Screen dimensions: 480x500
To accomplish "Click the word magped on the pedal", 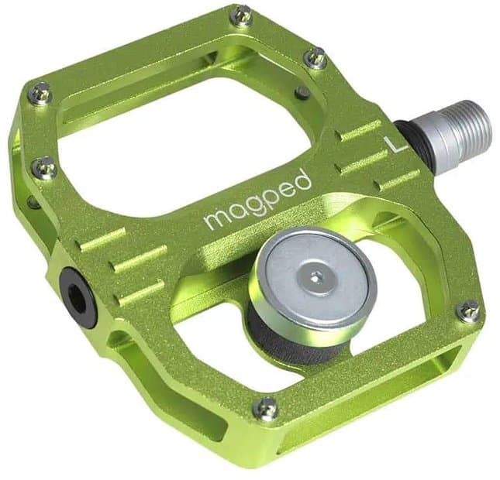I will [x=258, y=200].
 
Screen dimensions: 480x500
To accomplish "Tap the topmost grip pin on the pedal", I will [x=242, y=14].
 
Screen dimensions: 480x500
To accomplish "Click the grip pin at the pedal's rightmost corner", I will [x=468, y=310].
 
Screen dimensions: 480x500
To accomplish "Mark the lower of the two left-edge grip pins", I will [x=45, y=167].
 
